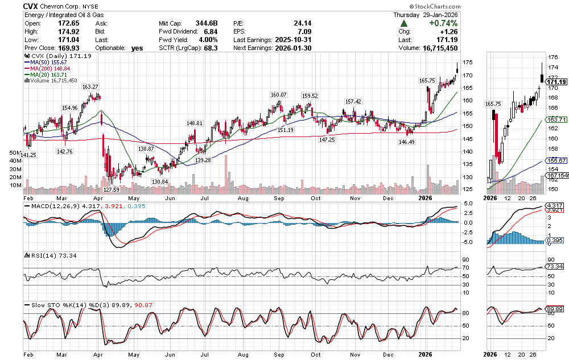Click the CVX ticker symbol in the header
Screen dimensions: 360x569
[31, 6]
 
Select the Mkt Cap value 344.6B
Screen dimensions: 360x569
[207, 23]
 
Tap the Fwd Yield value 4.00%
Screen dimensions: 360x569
[208, 40]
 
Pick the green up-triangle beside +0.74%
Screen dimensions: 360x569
[403, 23]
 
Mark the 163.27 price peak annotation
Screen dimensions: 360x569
[90, 87]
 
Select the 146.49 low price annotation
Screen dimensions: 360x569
[406, 142]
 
